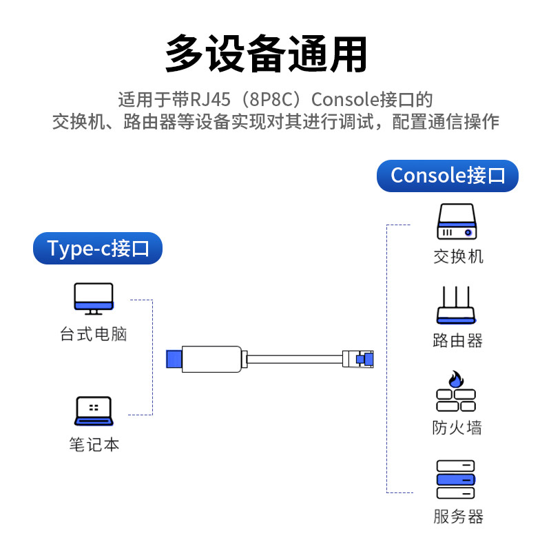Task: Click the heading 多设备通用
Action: (266, 54)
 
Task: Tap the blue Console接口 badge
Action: (448, 175)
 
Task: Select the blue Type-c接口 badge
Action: (98, 249)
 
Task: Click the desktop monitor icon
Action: (94, 298)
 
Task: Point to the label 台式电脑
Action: (94, 335)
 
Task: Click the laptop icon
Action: (93, 411)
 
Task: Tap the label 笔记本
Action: (94, 445)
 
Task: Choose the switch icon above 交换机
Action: (457, 222)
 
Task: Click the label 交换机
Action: (458, 257)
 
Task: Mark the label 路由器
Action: (458, 340)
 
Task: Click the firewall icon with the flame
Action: (456, 393)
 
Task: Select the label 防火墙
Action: (457, 428)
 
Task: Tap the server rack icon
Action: (456, 479)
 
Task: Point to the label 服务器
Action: (458, 517)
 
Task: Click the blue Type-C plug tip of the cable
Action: (174, 359)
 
